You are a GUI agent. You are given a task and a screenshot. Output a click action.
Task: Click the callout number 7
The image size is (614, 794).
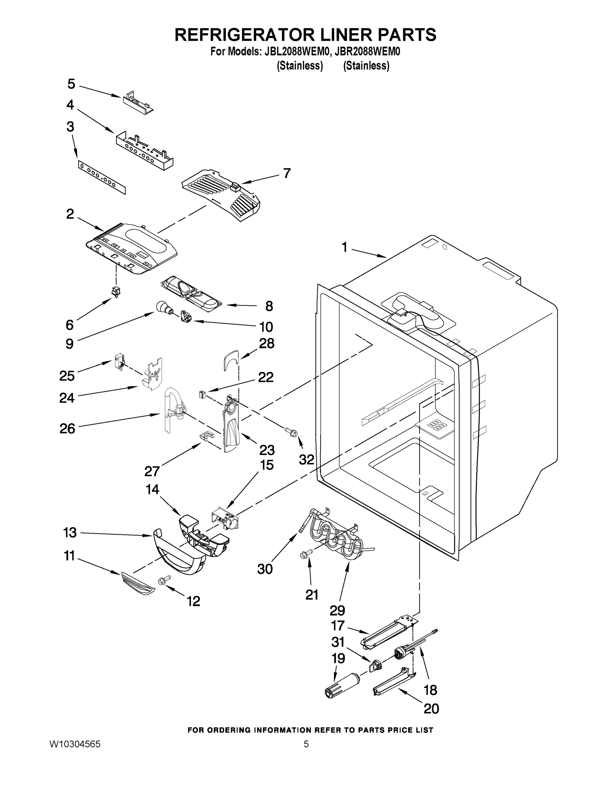point(287,173)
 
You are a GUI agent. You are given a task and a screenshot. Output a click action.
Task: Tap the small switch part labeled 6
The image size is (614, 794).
point(117,291)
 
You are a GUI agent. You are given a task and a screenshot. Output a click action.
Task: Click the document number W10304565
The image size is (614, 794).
point(74,744)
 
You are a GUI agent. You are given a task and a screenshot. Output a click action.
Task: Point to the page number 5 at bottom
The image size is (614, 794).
point(306,744)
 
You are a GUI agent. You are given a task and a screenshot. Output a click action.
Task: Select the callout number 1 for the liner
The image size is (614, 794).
point(344,247)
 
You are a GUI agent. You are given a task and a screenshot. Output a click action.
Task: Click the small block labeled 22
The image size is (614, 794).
point(203,394)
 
